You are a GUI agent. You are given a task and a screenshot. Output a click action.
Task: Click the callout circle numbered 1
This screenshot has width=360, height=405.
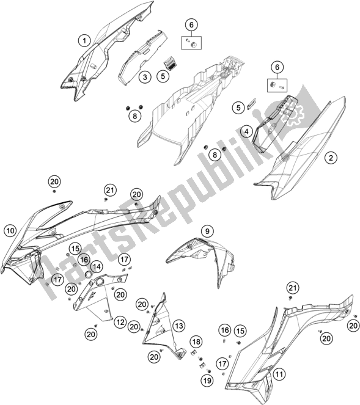(84, 41)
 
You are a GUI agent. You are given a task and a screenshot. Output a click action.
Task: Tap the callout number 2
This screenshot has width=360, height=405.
(331, 158)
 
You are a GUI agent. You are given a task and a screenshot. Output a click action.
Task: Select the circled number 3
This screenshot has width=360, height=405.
(145, 77)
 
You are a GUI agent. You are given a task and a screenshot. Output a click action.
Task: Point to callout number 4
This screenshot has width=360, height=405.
(246, 131)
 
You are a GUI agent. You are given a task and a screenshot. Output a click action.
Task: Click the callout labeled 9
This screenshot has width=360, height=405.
(208, 231)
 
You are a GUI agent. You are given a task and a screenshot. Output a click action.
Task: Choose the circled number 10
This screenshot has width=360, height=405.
(10, 230)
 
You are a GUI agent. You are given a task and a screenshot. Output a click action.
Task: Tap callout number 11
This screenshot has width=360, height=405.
(279, 374)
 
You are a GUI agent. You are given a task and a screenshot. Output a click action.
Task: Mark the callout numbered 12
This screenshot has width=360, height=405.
(120, 322)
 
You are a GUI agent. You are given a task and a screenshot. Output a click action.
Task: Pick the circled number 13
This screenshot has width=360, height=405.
(179, 326)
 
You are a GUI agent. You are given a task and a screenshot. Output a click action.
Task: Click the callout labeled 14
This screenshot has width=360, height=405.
(97, 266)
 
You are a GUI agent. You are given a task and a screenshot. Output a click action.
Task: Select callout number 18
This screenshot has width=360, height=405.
(196, 341)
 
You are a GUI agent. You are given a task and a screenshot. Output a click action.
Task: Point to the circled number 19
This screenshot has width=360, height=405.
(207, 380)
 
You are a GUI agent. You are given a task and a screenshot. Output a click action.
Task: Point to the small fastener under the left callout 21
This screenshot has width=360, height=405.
(106, 200)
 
